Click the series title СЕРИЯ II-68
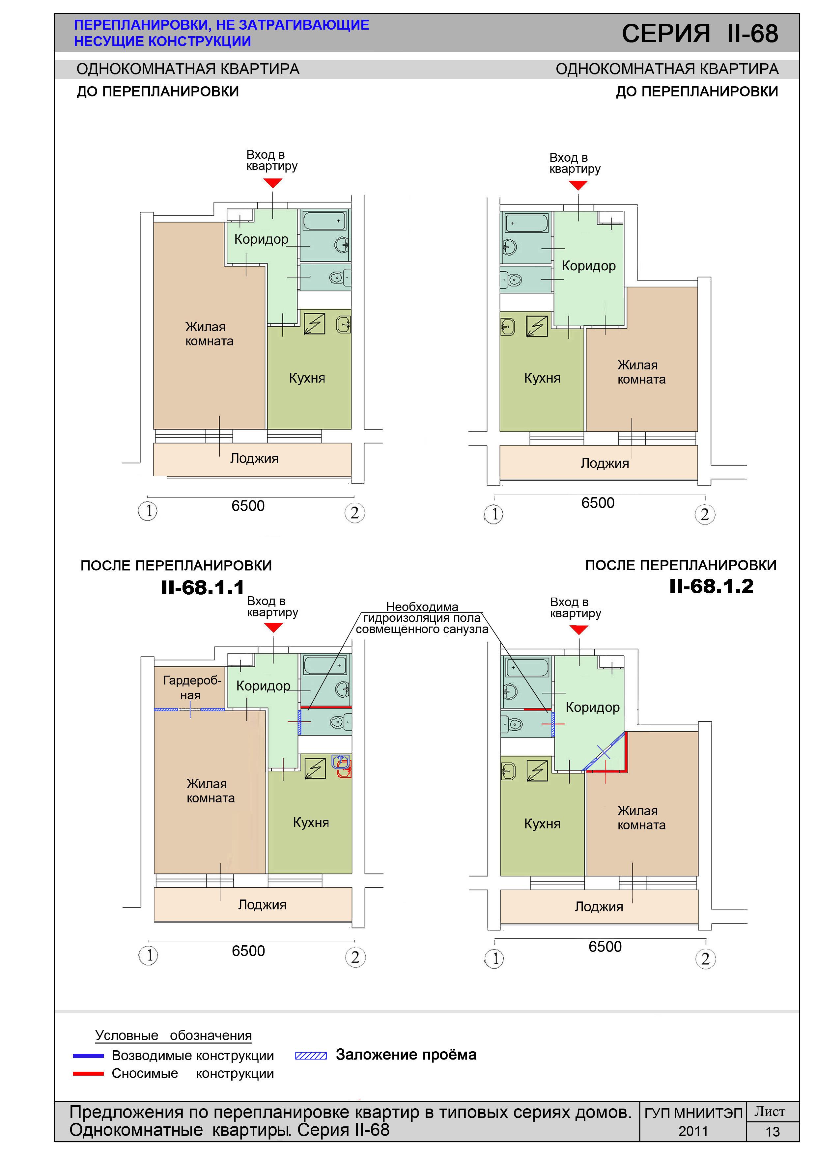[x=700, y=34]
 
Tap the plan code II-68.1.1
[x=202, y=588]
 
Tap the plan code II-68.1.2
[x=711, y=586]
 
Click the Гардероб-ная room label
[x=192, y=688]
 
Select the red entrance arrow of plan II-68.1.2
[x=578, y=629]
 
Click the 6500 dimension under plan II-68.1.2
[x=605, y=947]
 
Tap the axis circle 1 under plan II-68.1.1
[x=149, y=955]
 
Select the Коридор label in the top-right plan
[x=588, y=266]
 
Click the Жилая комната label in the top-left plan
[x=209, y=334]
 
